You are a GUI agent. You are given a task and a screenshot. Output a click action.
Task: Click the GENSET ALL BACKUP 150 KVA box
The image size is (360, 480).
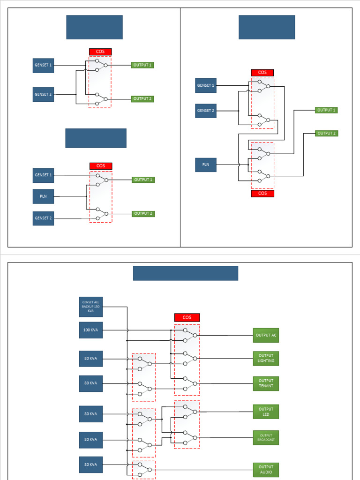click(x=90, y=307)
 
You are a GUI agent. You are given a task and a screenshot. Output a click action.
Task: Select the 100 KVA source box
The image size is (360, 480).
click(x=90, y=330)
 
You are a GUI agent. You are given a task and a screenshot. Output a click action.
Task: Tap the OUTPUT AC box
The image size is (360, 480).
click(x=266, y=335)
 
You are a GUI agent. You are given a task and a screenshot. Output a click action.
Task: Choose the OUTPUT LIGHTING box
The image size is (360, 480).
click(x=266, y=359)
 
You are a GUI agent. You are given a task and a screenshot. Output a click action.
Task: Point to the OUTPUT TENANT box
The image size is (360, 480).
click(x=266, y=383)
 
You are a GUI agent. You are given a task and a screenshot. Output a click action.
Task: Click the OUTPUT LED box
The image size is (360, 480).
click(x=266, y=412)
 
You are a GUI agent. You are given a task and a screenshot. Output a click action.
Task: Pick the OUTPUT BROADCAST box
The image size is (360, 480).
click(x=266, y=438)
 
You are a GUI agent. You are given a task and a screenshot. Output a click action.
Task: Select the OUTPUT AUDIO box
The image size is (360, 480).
click(x=266, y=470)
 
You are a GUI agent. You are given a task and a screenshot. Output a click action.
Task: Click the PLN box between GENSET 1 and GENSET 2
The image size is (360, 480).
click(x=43, y=196)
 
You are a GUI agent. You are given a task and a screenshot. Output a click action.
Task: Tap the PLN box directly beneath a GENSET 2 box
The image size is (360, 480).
click(x=206, y=165)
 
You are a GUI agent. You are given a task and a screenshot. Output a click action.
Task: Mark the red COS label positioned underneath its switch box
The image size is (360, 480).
click(x=262, y=194)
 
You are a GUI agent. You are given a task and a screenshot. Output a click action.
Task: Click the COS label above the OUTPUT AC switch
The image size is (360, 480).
click(x=187, y=317)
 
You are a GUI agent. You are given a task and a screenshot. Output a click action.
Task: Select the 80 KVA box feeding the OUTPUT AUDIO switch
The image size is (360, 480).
click(x=90, y=465)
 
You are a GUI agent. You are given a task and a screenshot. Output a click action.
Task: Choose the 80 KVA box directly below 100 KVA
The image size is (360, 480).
click(x=90, y=359)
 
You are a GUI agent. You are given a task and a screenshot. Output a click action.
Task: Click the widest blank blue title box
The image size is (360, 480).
click(x=186, y=273)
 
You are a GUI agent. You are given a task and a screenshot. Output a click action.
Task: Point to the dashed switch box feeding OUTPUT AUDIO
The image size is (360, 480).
click(x=143, y=470)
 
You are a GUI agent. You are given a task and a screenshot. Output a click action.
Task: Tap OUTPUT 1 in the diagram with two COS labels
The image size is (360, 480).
click(x=326, y=110)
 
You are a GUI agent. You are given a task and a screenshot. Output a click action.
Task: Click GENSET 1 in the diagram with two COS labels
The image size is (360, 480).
click(x=206, y=85)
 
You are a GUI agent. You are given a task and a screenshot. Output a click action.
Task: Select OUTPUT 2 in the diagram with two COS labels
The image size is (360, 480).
click(x=326, y=133)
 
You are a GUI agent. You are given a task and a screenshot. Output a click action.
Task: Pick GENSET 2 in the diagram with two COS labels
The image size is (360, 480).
click(x=206, y=111)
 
